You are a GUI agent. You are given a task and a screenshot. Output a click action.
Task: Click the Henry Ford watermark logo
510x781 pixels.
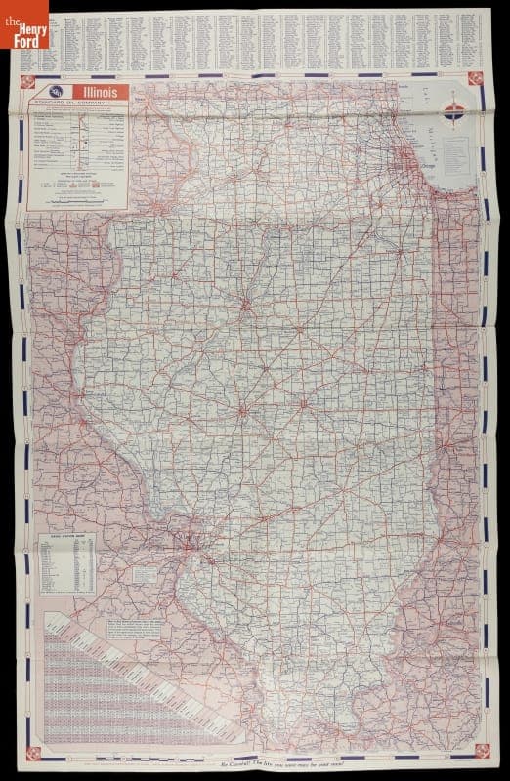[26, 24]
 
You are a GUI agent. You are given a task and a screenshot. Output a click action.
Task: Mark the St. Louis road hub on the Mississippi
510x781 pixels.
[180, 538]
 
